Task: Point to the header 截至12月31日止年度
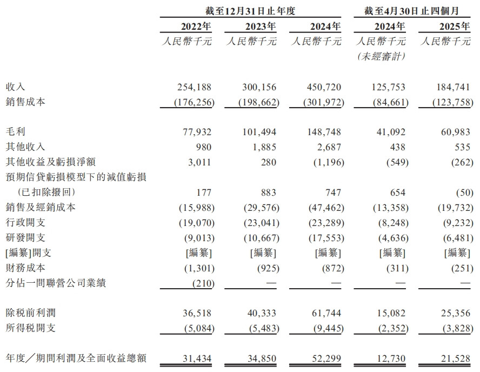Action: click(x=251, y=10)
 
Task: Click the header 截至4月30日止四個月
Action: click(x=412, y=10)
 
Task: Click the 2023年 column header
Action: click(x=258, y=26)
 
